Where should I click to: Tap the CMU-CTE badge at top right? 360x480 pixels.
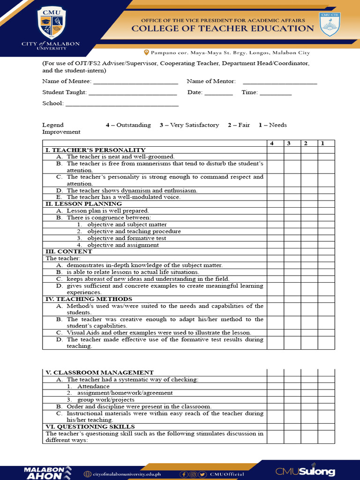pyautogui.click(x=330, y=24)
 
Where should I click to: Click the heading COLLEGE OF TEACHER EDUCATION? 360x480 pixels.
pyautogui.click(x=222, y=29)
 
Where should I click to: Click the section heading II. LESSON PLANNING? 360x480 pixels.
pyautogui.click(x=83, y=204)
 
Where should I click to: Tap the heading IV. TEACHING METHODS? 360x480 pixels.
pyautogui.click(x=89, y=299)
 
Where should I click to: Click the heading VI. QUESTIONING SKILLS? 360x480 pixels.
pyautogui.click(x=90, y=427)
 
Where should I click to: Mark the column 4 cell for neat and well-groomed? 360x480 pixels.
pyautogui.click(x=275, y=157)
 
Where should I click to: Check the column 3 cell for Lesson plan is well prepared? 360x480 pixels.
pyautogui.click(x=292, y=211)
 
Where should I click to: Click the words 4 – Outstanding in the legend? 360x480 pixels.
pyautogui.click(x=128, y=125)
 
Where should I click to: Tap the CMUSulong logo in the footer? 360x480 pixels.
pyautogui.click(x=305, y=471)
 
